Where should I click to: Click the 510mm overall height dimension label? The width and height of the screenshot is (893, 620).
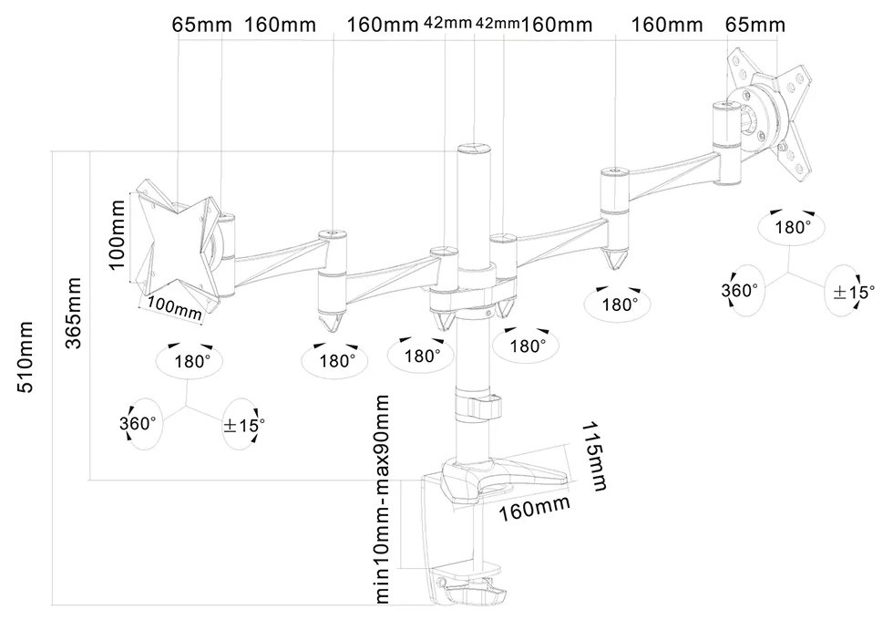point(26,357)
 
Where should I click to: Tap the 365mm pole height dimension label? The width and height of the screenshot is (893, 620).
point(74,313)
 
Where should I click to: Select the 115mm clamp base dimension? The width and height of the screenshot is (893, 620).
point(594,456)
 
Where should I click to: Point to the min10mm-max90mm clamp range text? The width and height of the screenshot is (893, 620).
point(383,499)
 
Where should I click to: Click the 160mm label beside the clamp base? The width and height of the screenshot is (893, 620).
point(534,508)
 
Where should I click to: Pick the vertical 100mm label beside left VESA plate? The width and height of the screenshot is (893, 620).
point(117,234)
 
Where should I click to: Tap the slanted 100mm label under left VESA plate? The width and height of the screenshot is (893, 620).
point(175,308)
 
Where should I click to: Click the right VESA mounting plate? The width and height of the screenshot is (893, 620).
point(769,114)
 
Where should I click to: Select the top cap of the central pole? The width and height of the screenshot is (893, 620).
point(474,150)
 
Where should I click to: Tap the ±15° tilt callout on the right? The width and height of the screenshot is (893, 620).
point(854,292)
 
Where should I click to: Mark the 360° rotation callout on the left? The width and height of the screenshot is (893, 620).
point(138,423)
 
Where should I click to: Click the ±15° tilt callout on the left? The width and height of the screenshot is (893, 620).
point(244,425)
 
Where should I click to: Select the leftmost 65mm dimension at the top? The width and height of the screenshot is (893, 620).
point(202,26)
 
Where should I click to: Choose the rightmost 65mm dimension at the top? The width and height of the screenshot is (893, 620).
point(755,26)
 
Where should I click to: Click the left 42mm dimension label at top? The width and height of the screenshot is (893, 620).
point(447,23)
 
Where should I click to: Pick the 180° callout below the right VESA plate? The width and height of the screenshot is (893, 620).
point(792,227)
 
